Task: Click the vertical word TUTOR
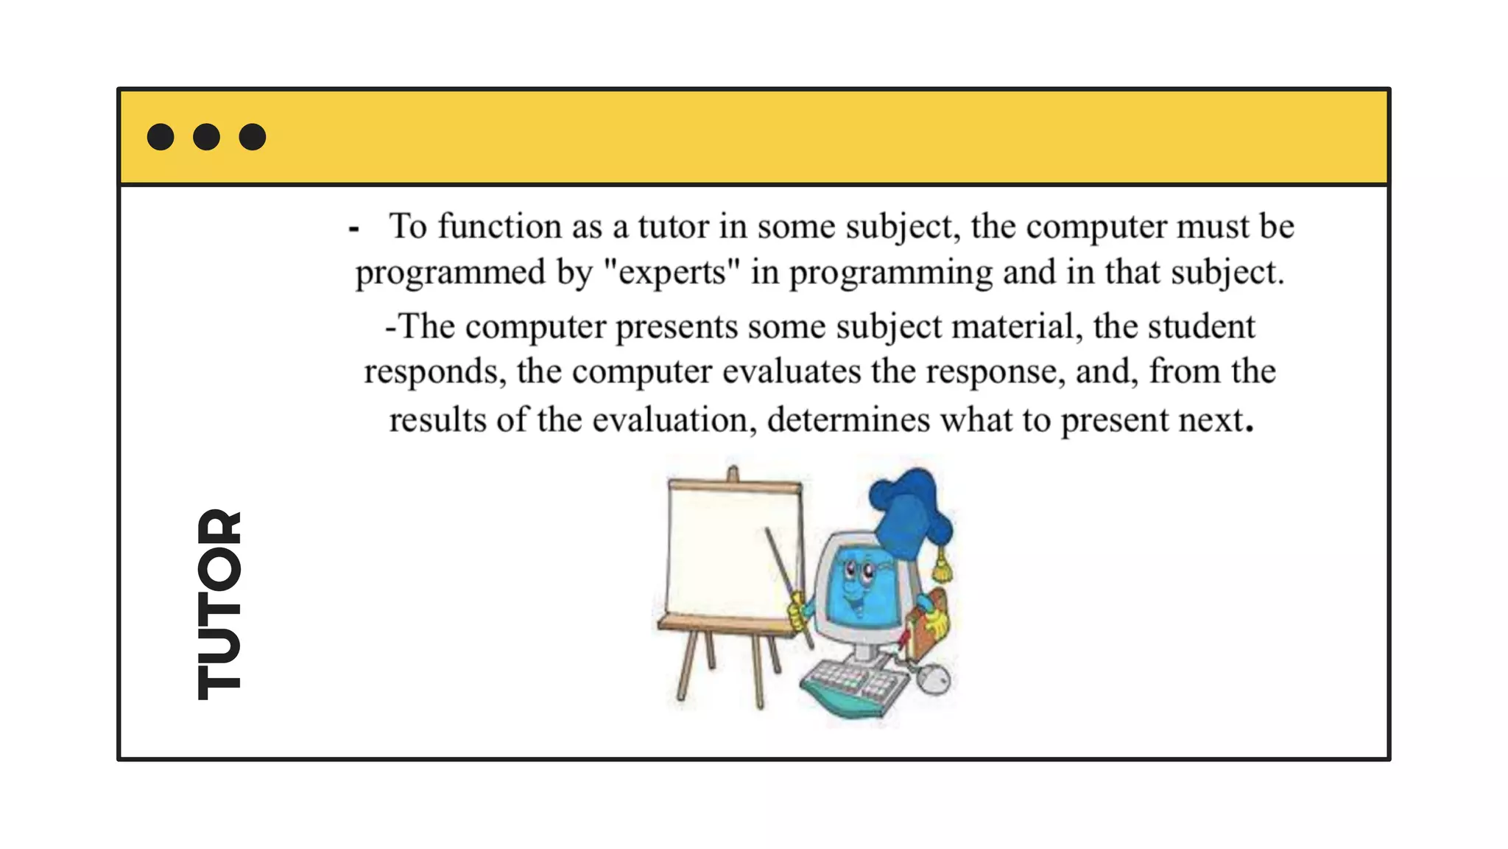219,604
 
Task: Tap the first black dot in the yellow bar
161,137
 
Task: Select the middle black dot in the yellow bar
206,137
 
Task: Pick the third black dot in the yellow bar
253,137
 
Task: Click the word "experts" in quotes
671,273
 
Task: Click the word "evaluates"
791,371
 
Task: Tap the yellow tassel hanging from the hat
942,567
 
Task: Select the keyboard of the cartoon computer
854,685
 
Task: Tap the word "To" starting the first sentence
407,226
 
